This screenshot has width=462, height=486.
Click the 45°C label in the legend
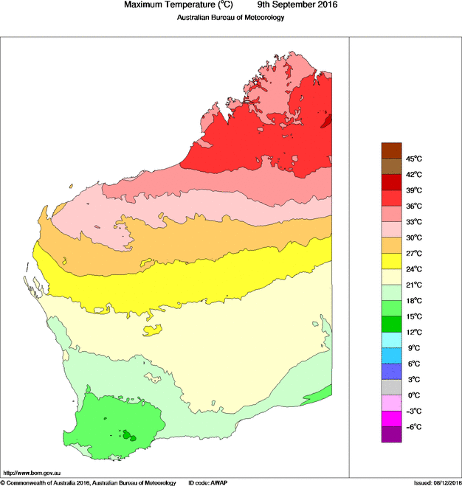(413, 159)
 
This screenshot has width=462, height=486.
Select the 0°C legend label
(413, 395)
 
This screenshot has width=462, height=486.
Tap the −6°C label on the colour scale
(413, 426)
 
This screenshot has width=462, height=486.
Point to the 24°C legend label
(413, 268)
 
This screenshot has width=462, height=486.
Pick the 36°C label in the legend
(413, 206)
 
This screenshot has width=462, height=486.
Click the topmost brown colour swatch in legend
(391, 150)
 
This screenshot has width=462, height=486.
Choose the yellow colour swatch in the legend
(391, 260)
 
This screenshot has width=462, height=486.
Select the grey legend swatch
(391, 386)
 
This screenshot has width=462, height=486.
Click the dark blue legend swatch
(391, 371)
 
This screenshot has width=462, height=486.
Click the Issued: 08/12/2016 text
(436, 482)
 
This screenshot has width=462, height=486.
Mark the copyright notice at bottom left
(88, 482)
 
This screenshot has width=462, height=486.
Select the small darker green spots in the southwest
(129, 435)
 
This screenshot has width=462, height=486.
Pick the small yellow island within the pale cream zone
(153, 328)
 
